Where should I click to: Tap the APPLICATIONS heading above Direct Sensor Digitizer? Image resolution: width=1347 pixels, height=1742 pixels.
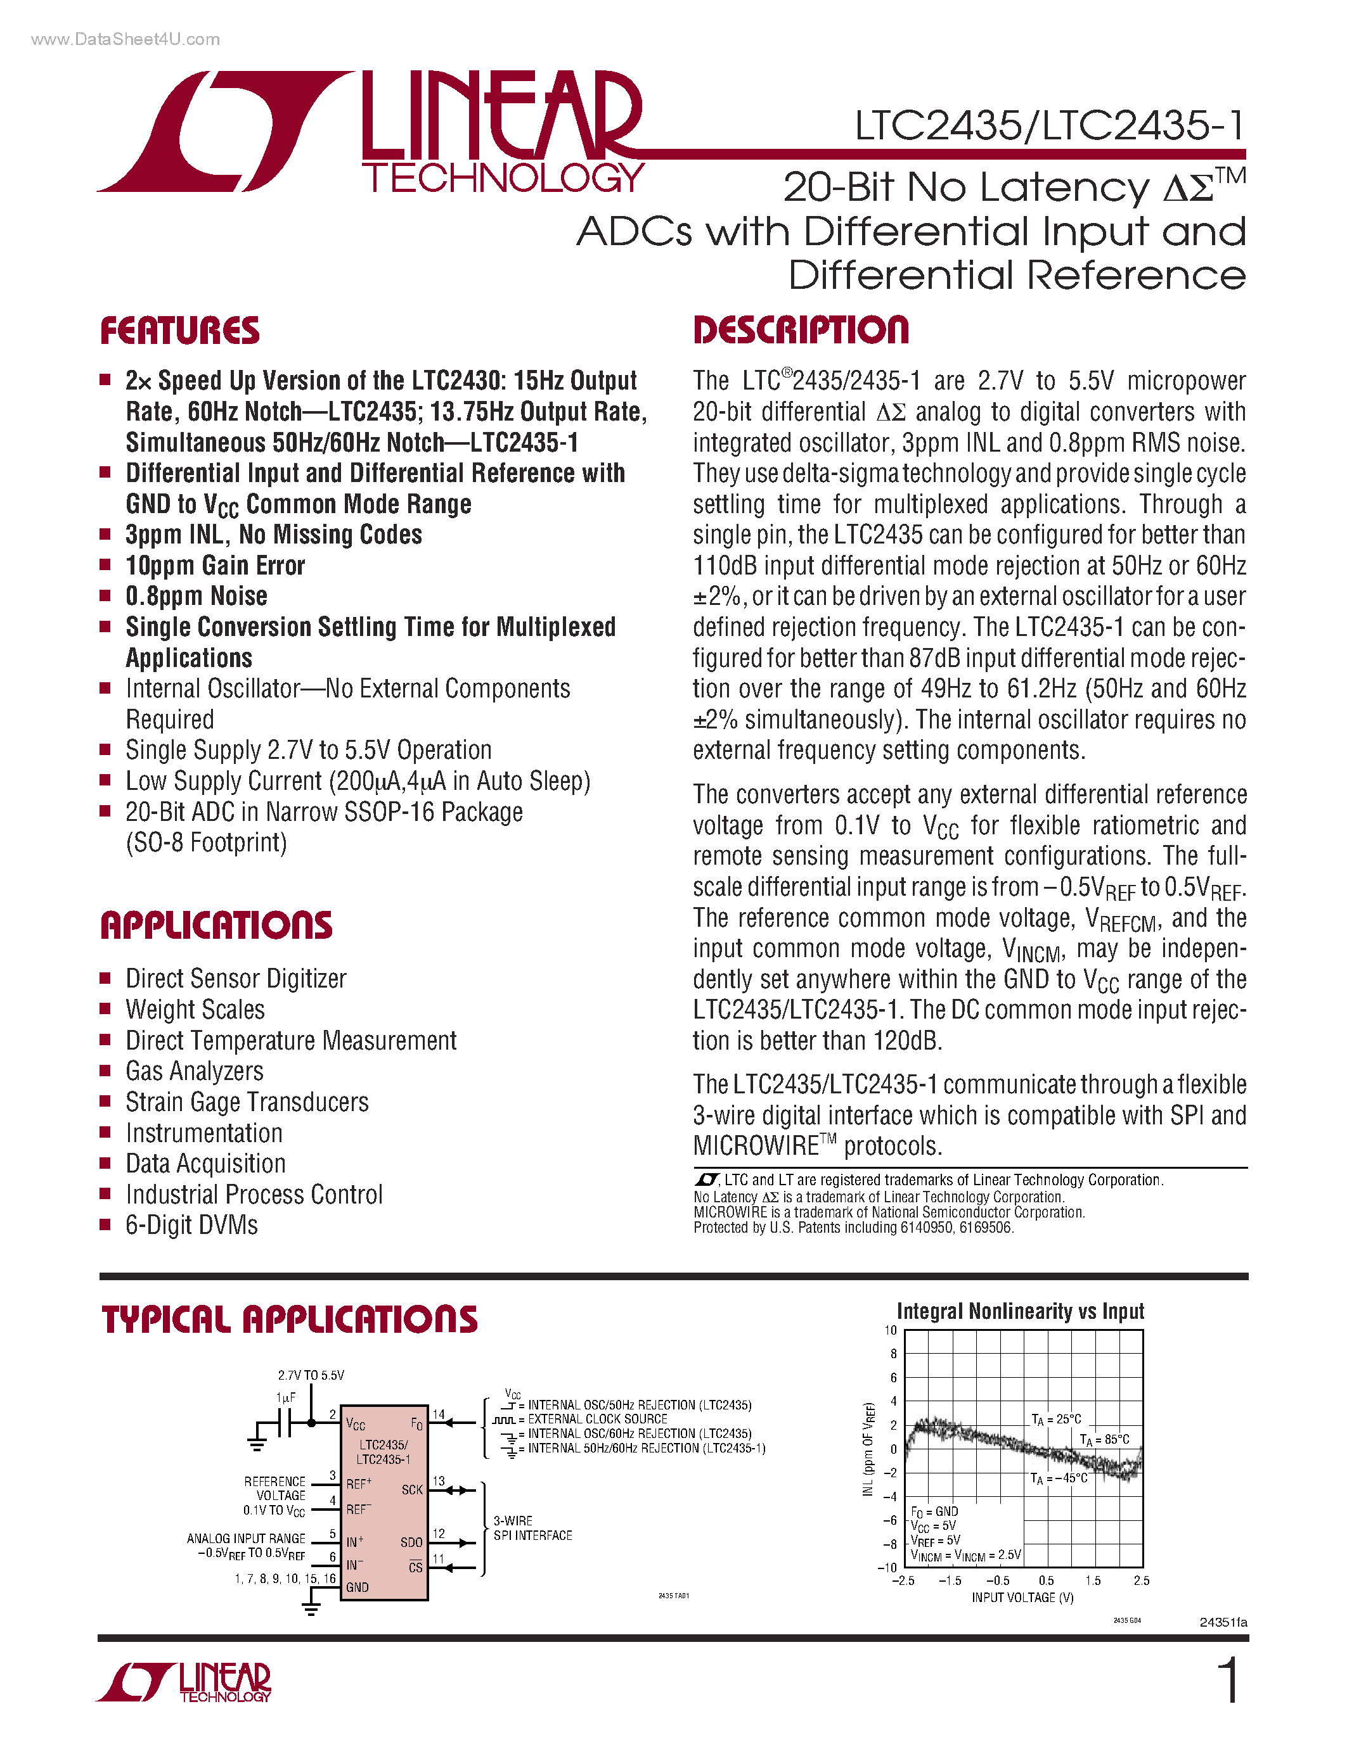tap(216, 925)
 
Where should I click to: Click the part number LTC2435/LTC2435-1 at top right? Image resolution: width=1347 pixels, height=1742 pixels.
tap(1048, 126)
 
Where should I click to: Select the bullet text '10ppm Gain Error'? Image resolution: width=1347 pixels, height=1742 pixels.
tap(216, 566)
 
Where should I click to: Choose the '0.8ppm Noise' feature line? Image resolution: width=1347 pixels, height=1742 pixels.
tap(197, 597)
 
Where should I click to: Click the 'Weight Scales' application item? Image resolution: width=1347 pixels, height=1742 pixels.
tap(195, 1010)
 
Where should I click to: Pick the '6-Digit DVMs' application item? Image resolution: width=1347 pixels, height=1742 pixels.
tap(191, 1225)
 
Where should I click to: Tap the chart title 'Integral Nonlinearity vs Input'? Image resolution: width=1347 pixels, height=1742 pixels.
tap(1020, 1312)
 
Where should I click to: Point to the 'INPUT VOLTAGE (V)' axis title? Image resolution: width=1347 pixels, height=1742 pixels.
tap(1022, 1598)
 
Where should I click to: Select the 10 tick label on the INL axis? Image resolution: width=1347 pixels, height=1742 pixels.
tap(891, 1330)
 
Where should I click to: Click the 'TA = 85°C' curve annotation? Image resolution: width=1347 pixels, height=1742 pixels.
tap(1104, 1440)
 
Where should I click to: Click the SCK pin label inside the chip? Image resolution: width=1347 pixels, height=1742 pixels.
tap(412, 1490)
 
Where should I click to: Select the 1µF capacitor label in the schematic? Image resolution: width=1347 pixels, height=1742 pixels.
tap(286, 1398)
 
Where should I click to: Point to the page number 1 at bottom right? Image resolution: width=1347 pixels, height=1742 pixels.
tap(1229, 1681)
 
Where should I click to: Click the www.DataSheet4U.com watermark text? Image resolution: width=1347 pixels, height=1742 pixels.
tap(126, 39)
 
